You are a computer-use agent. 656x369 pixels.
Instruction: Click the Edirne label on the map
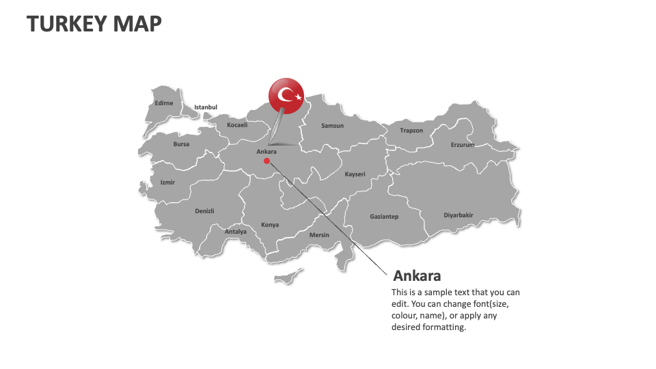[x=164, y=103]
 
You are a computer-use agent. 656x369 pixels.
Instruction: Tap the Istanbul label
[x=206, y=107]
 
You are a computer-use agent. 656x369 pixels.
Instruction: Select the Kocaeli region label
[x=237, y=125]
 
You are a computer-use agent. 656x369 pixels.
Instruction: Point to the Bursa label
[x=181, y=144]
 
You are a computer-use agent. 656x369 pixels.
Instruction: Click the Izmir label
[x=167, y=182]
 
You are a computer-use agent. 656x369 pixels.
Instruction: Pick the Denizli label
[x=204, y=211]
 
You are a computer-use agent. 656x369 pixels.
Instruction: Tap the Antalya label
[x=236, y=232]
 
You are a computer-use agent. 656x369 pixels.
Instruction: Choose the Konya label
[x=270, y=225]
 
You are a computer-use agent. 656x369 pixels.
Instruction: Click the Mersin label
[x=319, y=235]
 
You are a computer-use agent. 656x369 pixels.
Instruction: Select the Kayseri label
[x=355, y=174]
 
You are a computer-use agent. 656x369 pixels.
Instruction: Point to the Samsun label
[x=333, y=126]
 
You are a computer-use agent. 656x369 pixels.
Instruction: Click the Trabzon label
[x=411, y=131]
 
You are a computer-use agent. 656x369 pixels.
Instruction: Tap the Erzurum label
[x=462, y=145]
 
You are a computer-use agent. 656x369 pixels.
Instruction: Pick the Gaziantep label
[x=384, y=217]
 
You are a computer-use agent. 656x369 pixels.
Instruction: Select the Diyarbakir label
[x=459, y=215]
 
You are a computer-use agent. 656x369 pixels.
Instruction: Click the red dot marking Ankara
[x=266, y=161]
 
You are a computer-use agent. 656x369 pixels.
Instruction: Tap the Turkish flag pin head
[x=286, y=96]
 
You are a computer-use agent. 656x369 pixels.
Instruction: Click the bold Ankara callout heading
[x=417, y=276]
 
